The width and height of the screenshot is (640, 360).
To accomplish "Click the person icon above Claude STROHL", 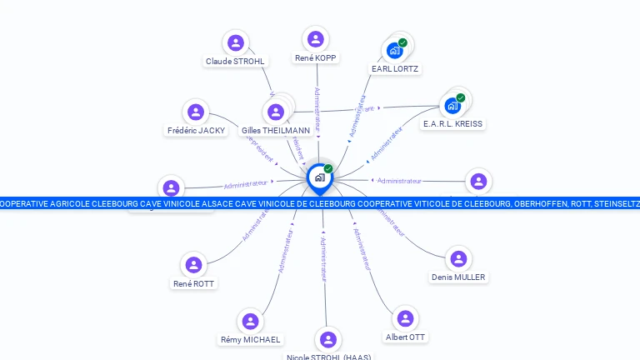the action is (236, 42).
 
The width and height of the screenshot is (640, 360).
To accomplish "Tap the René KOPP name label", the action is (316, 58).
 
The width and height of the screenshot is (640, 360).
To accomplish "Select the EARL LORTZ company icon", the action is (395, 51).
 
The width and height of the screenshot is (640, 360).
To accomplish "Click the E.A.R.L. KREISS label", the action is (452, 124).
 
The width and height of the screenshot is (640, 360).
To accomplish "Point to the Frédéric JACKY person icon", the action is (196, 112).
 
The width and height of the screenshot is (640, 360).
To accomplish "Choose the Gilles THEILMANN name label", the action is (276, 131).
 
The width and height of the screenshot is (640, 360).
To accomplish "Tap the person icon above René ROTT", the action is (193, 265).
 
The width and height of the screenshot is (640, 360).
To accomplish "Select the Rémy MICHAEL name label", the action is (250, 340).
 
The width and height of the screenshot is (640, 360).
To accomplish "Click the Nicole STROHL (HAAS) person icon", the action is (328, 340).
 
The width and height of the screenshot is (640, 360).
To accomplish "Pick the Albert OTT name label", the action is (405, 337).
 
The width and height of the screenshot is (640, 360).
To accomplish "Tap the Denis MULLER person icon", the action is (458, 259).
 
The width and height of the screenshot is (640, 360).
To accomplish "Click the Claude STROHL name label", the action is (235, 62).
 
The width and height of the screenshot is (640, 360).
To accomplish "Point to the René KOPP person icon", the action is (316, 39).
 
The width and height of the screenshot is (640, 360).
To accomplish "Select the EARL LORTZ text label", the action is (395, 69).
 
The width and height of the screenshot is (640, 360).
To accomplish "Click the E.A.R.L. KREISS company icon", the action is (452, 106).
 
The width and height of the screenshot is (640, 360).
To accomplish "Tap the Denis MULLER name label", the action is (458, 277).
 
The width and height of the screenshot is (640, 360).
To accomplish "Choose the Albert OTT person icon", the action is (405, 319).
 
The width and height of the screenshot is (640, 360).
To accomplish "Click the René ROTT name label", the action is (193, 284).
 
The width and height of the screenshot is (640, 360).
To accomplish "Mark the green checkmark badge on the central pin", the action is (328, 169).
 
